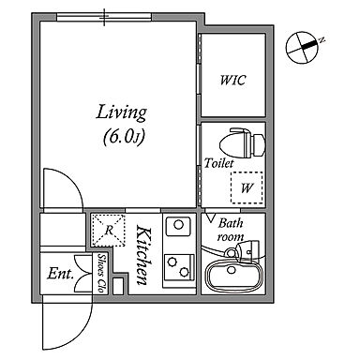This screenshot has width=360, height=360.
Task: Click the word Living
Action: (121, 112)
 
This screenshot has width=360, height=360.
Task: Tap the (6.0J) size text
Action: (124, 137)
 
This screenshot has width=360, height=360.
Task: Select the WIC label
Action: (232, 80)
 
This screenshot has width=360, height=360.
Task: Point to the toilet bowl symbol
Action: (243, 142)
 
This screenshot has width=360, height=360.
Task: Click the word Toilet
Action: (218, 163)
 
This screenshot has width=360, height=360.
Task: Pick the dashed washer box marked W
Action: (247, 187)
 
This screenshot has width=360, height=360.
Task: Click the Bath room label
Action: (231, 230)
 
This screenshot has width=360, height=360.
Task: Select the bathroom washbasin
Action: (247, 250)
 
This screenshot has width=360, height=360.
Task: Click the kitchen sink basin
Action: (178, 226)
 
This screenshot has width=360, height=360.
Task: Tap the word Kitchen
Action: (144, 256)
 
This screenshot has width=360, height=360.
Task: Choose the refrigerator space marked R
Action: (108, 231)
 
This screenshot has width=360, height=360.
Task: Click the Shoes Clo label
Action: (101, 273)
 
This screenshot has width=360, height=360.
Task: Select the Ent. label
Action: (61, 274)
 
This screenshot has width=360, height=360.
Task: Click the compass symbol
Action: (302, 48)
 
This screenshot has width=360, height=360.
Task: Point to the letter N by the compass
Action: (322, 40)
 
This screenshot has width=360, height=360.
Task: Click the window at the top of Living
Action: (104, 17)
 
